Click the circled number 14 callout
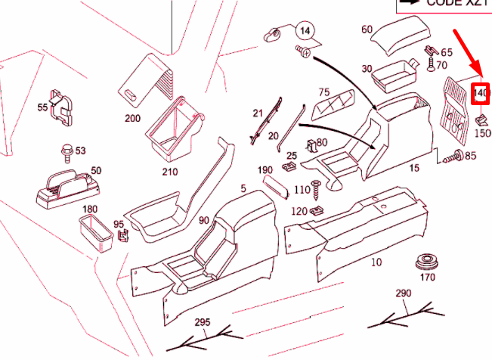[x=306, y=31]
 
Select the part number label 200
[x=133, y=119]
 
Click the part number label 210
[x=169, y=172]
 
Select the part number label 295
[x=201, y=322]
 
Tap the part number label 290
[x=402, y=293]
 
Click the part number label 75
[x=324, y=92]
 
